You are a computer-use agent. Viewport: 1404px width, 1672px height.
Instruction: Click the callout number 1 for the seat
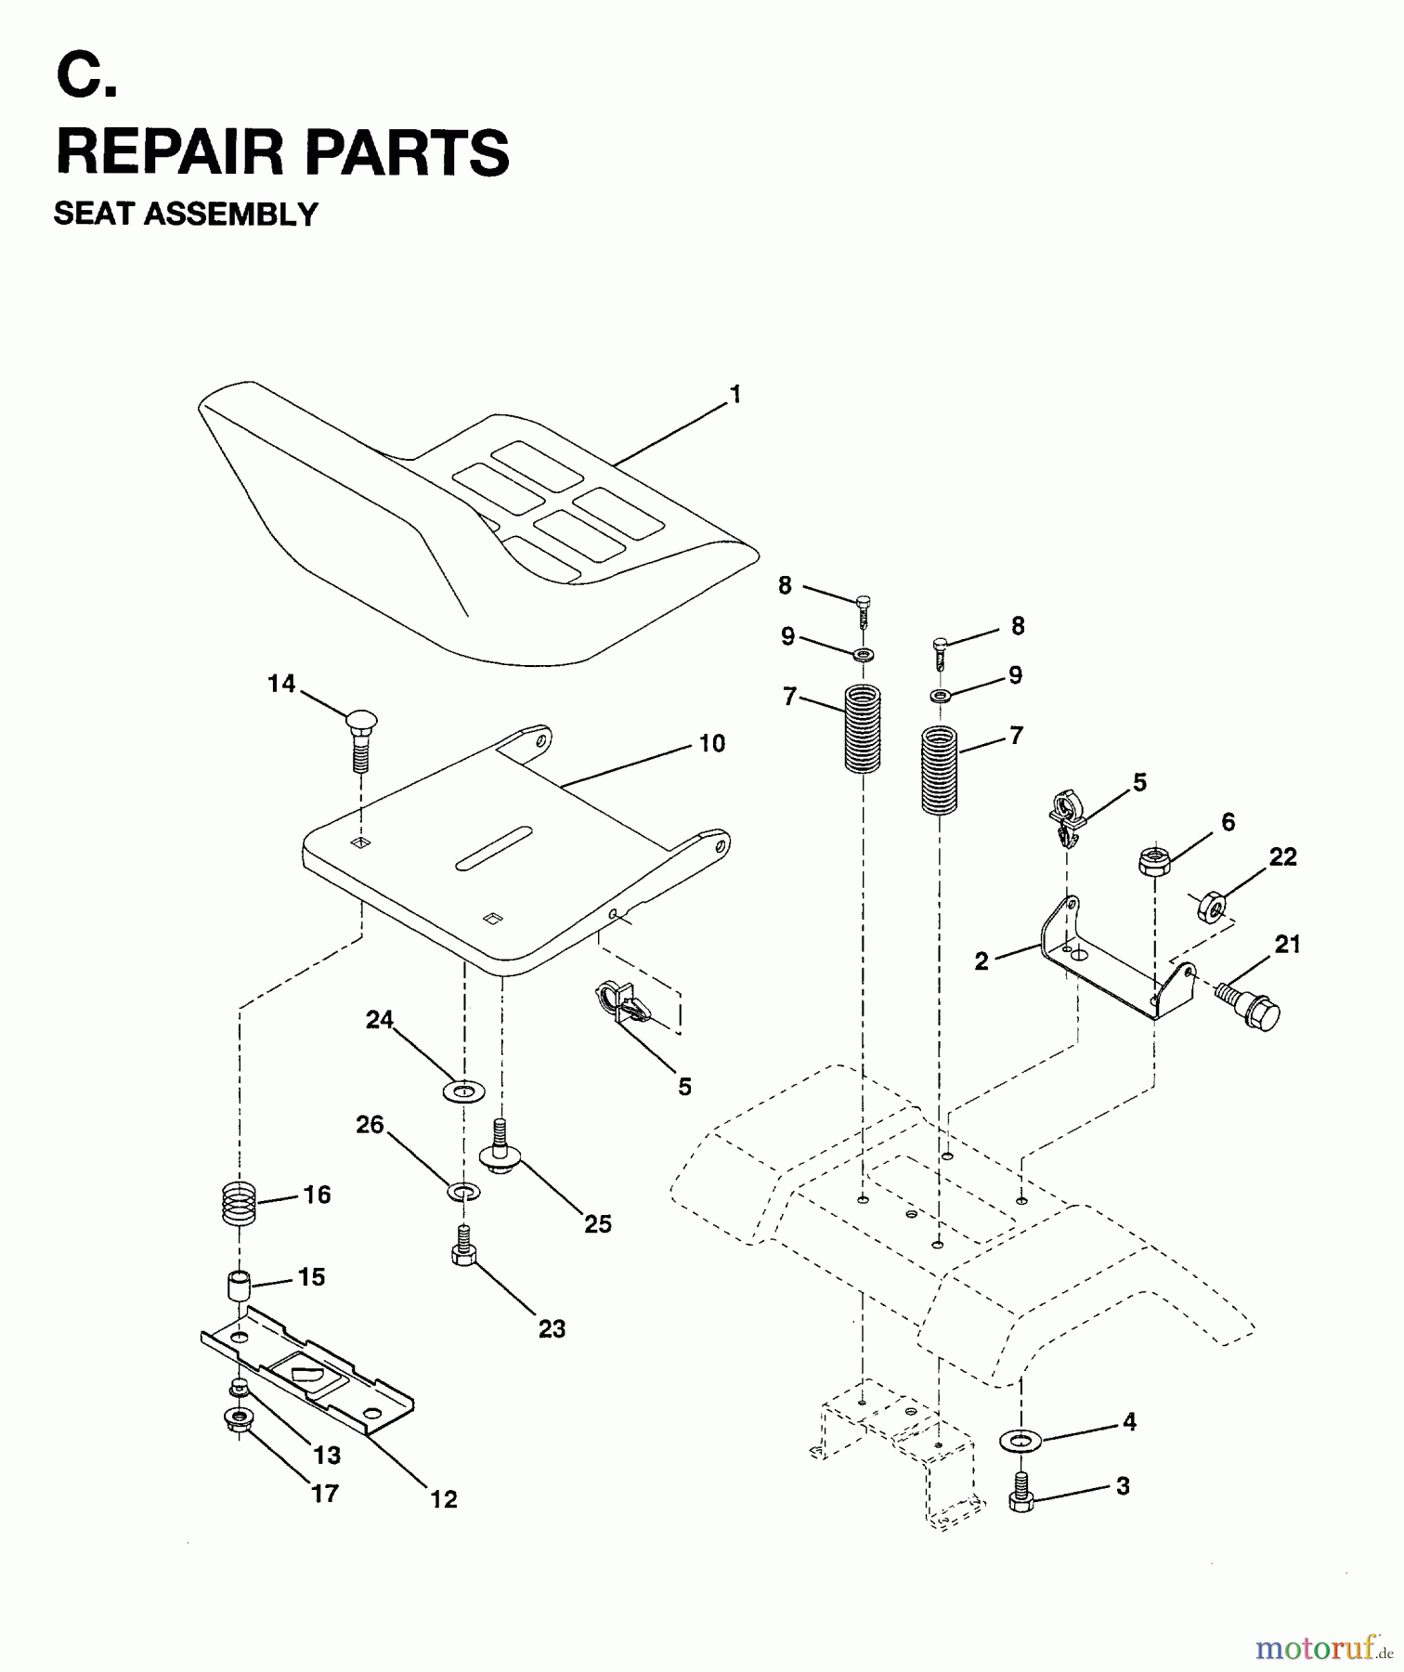point(735,396)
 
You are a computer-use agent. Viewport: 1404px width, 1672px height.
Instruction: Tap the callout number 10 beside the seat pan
point(712,744)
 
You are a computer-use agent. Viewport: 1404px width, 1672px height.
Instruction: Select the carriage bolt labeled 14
point(360,738)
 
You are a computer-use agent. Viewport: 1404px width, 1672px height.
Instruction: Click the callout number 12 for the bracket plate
point(444,1499)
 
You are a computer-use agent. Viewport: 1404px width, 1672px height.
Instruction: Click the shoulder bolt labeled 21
point(1250,1005)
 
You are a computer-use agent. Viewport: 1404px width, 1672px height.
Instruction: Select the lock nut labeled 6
point(1152,859)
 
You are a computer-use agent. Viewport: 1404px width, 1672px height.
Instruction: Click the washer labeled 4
point(1020,1441)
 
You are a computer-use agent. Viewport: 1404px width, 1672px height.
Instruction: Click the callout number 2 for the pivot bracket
point(981,961)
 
